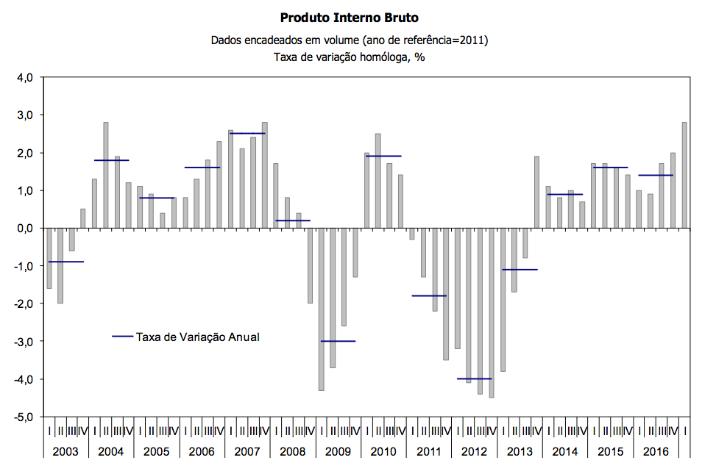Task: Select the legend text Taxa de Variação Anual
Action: pos(198,337)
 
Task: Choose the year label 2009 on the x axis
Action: pos(338,451)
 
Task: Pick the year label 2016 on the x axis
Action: pos(656,451)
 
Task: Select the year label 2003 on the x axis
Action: pos(65,451)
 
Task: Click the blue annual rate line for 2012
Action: pos(474,378)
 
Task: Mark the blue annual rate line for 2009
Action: pos(338,341)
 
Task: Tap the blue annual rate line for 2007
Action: pos(247,134)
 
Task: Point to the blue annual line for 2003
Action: pos(65,262)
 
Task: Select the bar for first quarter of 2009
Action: pos(321,309)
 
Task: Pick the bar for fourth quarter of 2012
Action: pos(492,312)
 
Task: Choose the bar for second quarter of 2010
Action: pos(378,181)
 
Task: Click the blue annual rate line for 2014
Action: pos(565,194)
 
